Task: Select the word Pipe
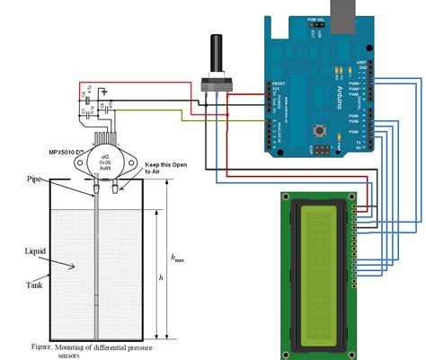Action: (x=35, y=180)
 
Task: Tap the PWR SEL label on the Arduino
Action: (x=314, y=17)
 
